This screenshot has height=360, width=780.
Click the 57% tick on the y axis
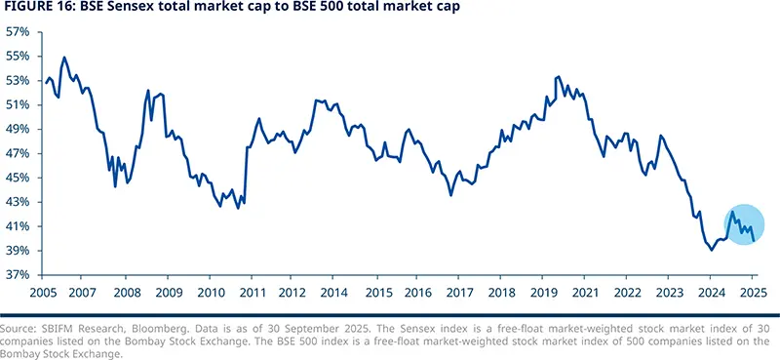[17, 31]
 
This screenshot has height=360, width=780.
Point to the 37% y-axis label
[17, 275]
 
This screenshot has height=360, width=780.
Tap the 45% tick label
[17, 178]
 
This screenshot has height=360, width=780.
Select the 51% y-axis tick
[17, 104]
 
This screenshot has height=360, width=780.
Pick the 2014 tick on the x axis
[335, 292]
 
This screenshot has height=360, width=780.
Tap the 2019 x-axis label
[544, 292]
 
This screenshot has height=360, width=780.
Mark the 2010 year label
[211, 292]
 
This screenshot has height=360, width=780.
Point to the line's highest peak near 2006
[64, 58]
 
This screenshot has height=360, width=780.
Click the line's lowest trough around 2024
[711, 250]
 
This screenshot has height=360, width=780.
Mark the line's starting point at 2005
[45, 82]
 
